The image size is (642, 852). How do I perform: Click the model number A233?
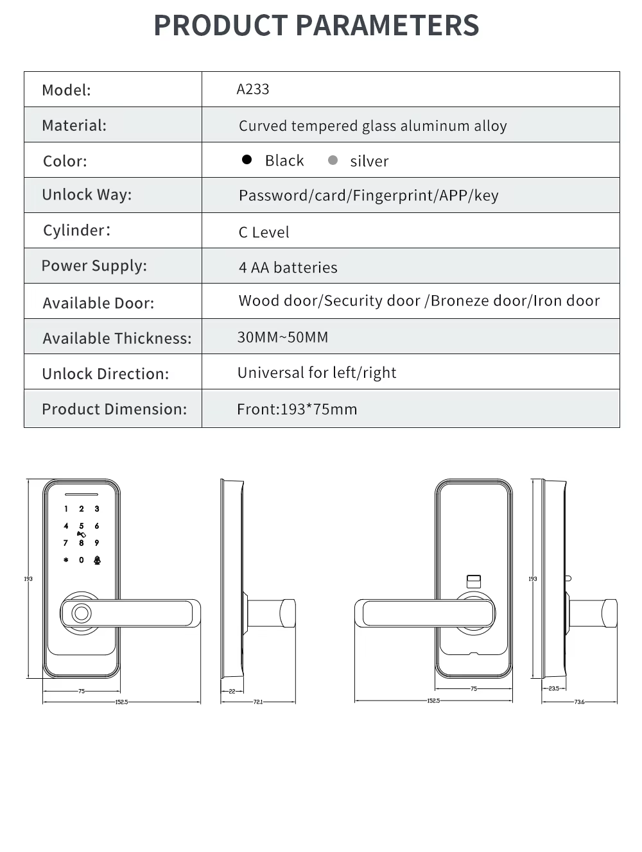tap(252, 89)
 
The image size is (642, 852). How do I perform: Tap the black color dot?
tap(247, 160)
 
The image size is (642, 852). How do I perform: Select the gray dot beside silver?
tap(333, 160)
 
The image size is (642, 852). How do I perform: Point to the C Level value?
tap(264, 232)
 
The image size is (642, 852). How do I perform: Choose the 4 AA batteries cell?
tap(288, 268)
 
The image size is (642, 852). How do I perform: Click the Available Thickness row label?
tap(117, 338)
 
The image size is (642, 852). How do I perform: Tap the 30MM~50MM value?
tap(282, 337)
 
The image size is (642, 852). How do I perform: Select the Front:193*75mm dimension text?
tap(297, 409)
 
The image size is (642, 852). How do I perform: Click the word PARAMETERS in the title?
tap(387, 26)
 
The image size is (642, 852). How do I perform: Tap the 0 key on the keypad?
tap(82, 560)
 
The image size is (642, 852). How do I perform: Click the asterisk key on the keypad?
tap(65, 560)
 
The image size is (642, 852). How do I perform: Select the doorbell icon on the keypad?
tap(97, 560)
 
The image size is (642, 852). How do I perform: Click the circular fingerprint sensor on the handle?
tap(81, 613)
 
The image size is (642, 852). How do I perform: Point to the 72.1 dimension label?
tap(258, 702)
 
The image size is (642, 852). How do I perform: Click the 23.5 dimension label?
tap(553, 688)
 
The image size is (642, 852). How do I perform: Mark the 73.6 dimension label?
tap(579, 702)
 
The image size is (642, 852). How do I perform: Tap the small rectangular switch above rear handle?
tap(473, 582)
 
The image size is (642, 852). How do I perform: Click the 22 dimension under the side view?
tap(232, 691)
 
